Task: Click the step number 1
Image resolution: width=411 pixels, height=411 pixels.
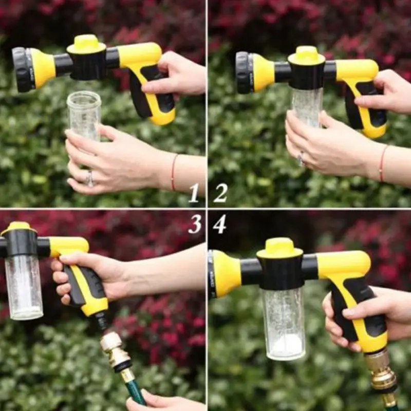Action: point(194,193)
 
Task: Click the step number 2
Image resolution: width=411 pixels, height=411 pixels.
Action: point(220,193)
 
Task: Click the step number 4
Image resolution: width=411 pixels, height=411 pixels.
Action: point(220,225)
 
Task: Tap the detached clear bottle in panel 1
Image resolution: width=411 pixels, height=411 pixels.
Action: point(84,116)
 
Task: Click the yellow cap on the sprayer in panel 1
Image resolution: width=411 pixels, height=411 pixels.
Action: point(86,44)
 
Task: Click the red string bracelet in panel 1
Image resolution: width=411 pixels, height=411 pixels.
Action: point(174,172)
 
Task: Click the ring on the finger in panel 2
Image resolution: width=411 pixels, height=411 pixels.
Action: point(301,158)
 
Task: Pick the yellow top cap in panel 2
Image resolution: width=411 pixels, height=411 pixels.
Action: point(306,55)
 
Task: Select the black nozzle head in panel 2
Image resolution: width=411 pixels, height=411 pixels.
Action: point(243,73)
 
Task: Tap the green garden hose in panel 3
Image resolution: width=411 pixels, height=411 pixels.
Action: point(133,388)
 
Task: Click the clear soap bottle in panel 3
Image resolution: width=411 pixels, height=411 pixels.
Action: point(24,287)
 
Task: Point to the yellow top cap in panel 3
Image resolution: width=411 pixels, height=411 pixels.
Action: point(18,228)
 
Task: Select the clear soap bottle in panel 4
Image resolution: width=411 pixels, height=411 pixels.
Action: point(284,323)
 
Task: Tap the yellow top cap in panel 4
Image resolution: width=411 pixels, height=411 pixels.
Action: point(280,248)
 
